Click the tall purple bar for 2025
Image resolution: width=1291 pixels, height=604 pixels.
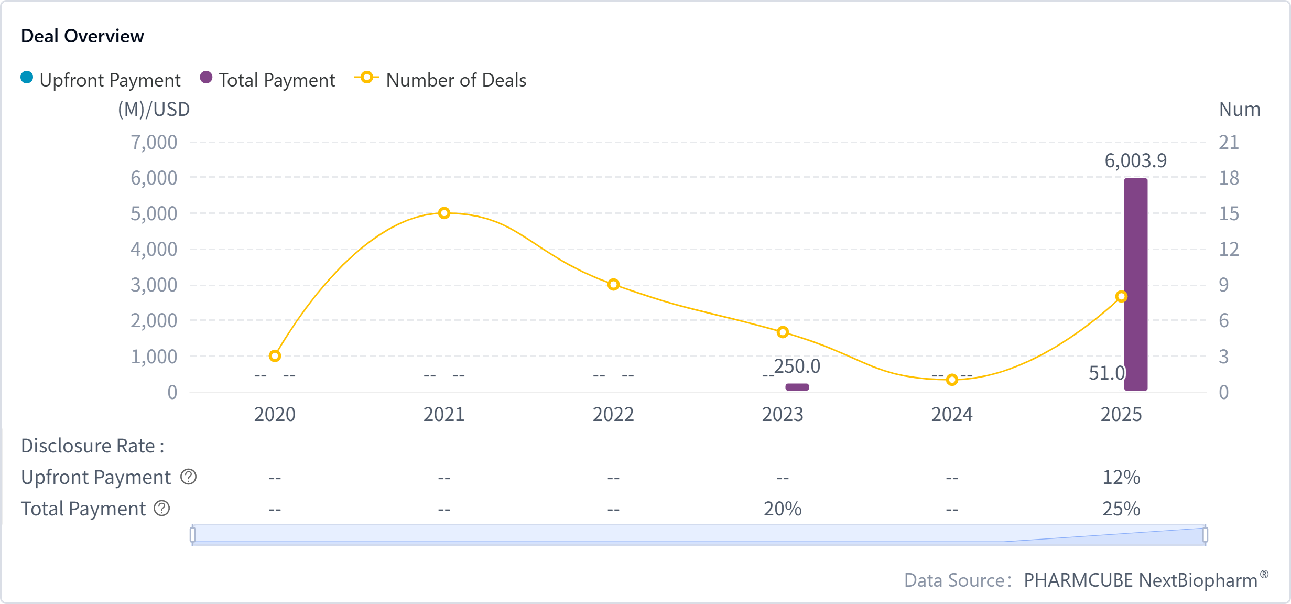click(x=1135, y=284)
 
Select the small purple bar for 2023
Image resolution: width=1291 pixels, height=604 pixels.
click(x=797, y=387)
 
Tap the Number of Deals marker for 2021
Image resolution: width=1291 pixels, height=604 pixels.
click(x=444, y=213)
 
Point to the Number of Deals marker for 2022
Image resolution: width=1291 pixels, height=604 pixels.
click(x=613, y=285)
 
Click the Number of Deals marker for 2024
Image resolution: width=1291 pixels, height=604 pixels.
click(x=952, y=380)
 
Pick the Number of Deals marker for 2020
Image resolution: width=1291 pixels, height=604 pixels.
click(x=275, y=356)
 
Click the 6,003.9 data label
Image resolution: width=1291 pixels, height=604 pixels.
click(x=1135, y=160)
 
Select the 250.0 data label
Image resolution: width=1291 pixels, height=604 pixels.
click(x=797, y=366)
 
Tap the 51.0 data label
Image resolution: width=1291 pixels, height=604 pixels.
click(x=1106, y=373)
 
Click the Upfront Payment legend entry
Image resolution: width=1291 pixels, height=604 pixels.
click(x=101, y=80)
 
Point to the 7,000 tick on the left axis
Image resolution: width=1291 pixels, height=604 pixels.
click(x=154, y=142)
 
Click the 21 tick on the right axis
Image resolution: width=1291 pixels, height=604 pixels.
click(x=1229, y=142)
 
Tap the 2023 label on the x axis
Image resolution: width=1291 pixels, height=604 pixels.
click(x=782, y=415)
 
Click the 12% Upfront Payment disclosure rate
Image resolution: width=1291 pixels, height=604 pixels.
click(x=1121, y=477)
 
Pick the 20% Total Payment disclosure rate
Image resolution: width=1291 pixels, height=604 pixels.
click(x=782, y=509)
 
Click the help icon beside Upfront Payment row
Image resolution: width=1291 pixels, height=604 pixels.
click(x=188, y=477)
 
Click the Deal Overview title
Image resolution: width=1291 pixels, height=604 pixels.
click(x=82, y=36)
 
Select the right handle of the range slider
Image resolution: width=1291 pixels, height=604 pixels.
click(x=1205, y=535)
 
